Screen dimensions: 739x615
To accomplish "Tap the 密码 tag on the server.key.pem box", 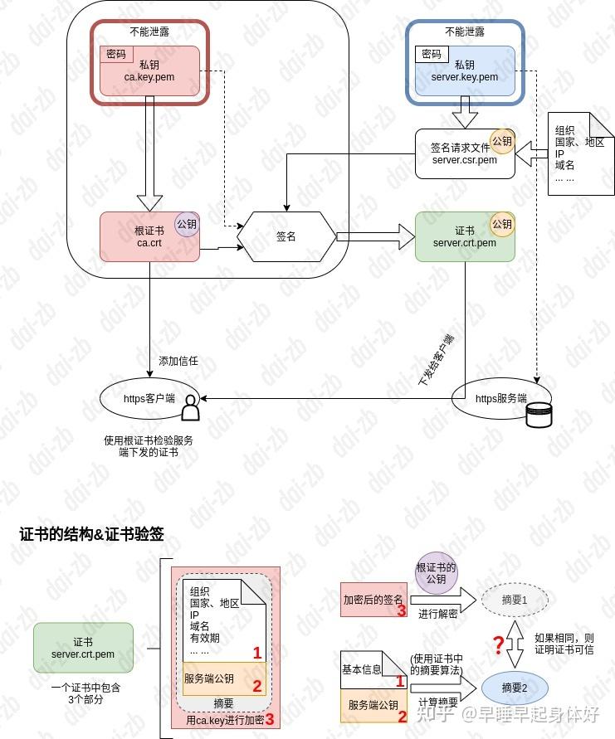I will [x=431, y=54].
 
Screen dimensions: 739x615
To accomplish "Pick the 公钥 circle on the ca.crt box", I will [x=187, y=223].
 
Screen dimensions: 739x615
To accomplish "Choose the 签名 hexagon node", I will [x=286, y=236].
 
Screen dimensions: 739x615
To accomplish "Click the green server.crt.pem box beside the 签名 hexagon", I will [x=465, y=236].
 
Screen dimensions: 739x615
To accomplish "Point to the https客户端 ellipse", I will [x=149, y=399].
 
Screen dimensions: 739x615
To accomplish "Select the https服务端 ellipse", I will [x=498, y=399].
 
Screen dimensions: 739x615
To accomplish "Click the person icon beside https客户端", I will [x=191, y=410].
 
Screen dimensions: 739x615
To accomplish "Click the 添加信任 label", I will [x=178, y=362].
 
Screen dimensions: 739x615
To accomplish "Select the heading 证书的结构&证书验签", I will [x=92, y=534].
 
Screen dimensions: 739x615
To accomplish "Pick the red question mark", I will [x=499, y=644].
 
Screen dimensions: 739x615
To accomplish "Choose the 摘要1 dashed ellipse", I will [x=515, y=600].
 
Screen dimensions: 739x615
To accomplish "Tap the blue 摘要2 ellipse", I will [x=515, y=687].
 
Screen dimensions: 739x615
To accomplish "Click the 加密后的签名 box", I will [x=373, y=600].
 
